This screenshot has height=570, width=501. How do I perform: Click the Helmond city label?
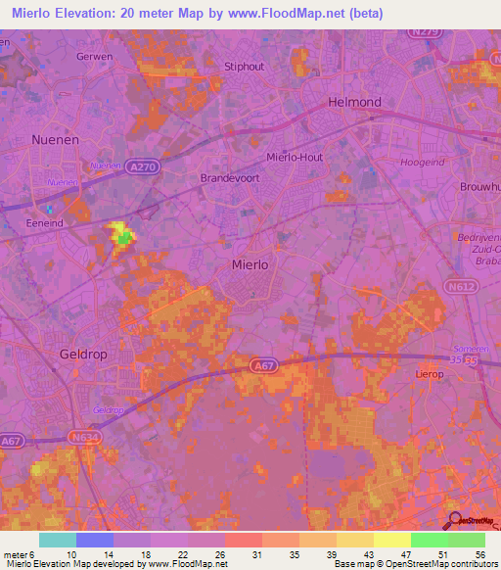(354, 103)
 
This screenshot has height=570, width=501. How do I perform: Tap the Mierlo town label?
(249, 264)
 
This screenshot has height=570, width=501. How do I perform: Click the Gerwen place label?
(95, 57)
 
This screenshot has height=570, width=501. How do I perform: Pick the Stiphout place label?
(245, 67)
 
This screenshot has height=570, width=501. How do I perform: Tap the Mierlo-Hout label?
(295, 157)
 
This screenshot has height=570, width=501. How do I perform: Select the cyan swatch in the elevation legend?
(57, 540)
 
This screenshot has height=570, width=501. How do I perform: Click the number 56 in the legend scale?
(478, 555)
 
